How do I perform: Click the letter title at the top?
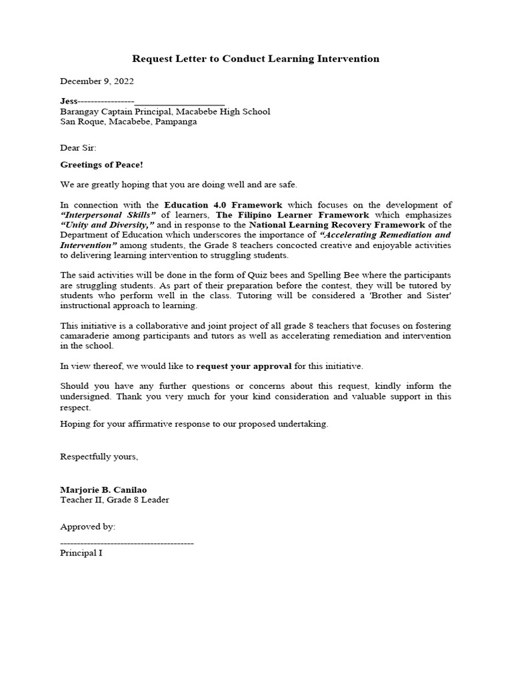click(256, 59)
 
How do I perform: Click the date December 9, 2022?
click(97, 81)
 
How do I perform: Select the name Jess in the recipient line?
click(70, 101)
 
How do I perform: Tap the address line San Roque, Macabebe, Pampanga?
click(128, 122)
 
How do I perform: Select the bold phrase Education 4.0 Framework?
click(223, 205)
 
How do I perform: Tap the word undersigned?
click(89, 396)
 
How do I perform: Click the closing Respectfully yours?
click(99, 457)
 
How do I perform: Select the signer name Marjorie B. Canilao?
click(103, 490)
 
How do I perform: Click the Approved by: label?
click(87, 527)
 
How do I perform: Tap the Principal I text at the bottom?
click(81, 553)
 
